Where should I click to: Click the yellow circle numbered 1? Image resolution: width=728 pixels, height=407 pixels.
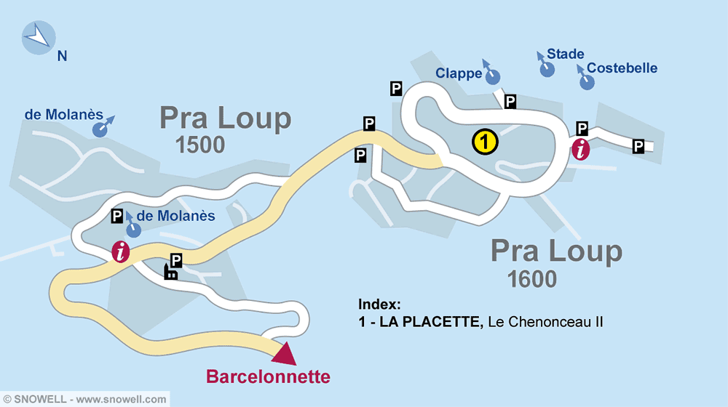pyautogui.click(x=485, y=142)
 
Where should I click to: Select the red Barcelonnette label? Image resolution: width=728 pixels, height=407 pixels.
pyautogui.click(x=268, y=377)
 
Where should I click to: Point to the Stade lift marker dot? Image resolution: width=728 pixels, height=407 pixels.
pyautogui.click(x=547, y=69)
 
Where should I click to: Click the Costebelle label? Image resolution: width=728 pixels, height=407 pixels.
pyautogui.click(x=622, y=68)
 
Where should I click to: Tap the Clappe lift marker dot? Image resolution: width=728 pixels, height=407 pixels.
pyautogui.click(x=493, y=76)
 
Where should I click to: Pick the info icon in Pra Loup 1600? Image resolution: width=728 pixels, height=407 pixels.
pyautogui.click(x=580, y=150)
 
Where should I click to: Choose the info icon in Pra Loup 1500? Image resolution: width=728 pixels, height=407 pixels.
pyautogui.click(x=121, y=252)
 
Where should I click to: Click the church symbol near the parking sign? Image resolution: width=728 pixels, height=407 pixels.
pyautogui.click(x=170, y=273)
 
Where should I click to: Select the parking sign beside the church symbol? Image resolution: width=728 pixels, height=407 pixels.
pyautogui.click(x=176, y=259)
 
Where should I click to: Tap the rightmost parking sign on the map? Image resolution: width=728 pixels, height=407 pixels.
pyautogui.click(x=638, y=147)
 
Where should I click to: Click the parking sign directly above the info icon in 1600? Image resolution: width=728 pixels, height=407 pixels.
pyautogui.click(x=582, y=129)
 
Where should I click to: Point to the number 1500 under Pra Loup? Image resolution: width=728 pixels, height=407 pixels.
pyautogui.click(x=200, y=145)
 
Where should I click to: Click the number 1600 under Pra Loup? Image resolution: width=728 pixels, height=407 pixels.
pyautogui.click(x=532, y=278)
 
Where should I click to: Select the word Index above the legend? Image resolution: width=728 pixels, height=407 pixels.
pyautogui.click(x=379, y=305)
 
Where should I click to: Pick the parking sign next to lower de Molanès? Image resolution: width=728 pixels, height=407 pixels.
pyautogui.click(x=116, y=216)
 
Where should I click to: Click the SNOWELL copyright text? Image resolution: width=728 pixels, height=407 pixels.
pyautogui.click(x=84, y=399)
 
